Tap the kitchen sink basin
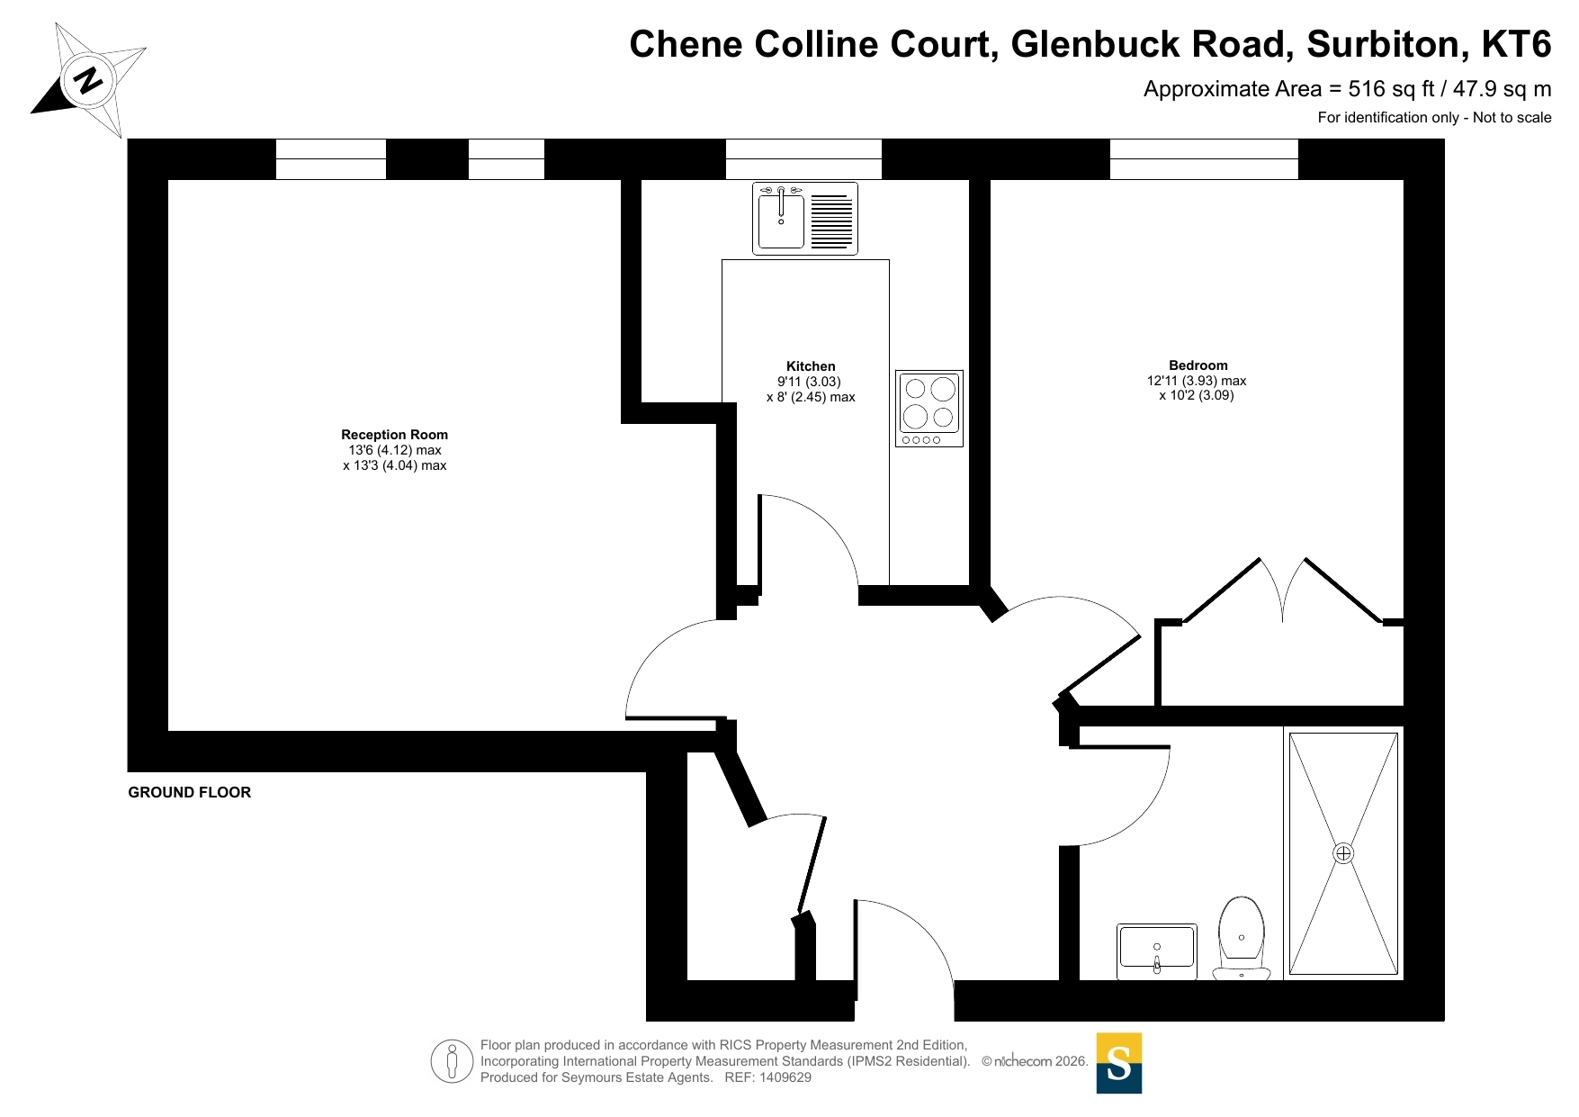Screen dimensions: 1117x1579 click(780, 221)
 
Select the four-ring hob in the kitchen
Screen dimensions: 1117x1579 click(929, 408)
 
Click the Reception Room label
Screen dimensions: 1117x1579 click(394, 435)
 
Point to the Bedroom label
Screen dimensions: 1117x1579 click(1198, 365)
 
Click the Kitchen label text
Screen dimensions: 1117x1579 click(811, 366)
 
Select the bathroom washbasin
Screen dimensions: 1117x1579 click(1156, 950)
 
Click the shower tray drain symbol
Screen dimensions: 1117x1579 click(1343, 853)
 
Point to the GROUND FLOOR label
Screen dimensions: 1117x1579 click(190, 792)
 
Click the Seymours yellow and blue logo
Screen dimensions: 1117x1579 click(1118, 1063)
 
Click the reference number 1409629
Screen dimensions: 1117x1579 click(785, 1077)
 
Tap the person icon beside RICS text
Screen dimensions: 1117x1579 click(452, 1061)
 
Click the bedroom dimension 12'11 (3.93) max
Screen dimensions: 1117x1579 click(1197, 381)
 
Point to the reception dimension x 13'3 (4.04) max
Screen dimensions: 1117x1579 click(394, 465)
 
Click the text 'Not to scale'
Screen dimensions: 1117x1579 click(1512, 117)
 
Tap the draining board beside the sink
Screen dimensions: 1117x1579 click(831, 221)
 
